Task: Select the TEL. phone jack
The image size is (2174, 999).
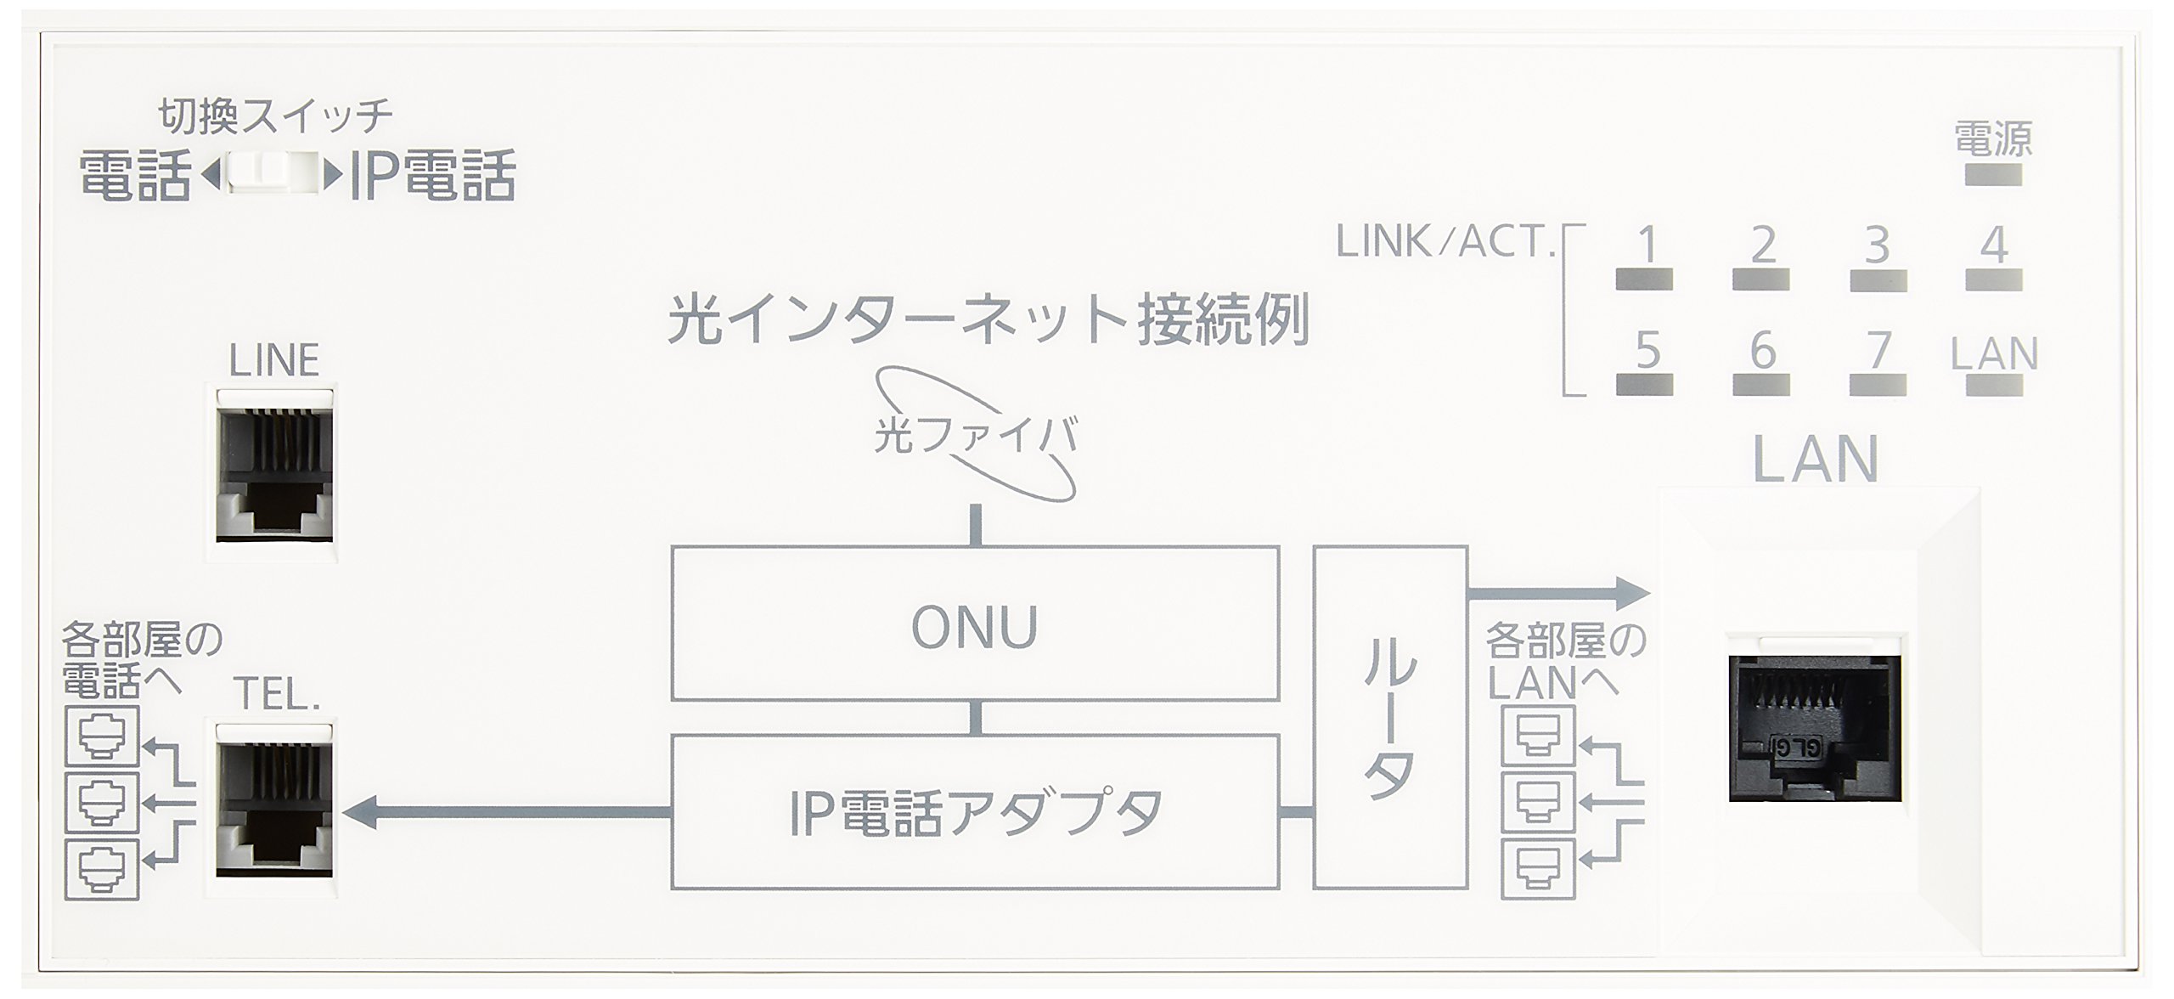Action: [x=273, y=809]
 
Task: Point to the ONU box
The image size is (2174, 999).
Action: [x=975, y=624]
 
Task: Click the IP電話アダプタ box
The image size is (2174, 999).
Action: [x=975, y=812]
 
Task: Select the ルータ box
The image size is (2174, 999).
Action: [x=1389, y=718]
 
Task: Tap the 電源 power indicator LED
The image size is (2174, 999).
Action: [x=1992, y=176]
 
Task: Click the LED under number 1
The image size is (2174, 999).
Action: [x=1644, y=279]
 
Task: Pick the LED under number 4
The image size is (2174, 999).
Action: [x=1994, y=279]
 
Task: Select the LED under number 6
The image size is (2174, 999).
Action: [x=1760, y=385]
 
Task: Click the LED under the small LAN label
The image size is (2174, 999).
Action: [x=1994, y=385]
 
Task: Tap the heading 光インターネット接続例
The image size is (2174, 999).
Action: [x=987, y=320]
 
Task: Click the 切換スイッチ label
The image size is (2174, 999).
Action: [x=275, y=117]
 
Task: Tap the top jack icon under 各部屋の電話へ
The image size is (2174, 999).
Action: [x=102, y=735]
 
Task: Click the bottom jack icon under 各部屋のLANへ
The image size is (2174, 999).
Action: [x=1537, y=869]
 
